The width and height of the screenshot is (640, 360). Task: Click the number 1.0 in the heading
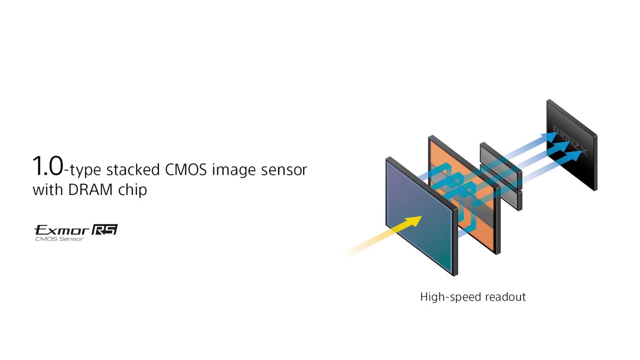coord(47,166)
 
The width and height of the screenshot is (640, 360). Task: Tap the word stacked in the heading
coord(133,169)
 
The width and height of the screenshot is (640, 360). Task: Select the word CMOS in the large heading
coord(186,169)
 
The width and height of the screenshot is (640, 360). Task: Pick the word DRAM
coord(90,189)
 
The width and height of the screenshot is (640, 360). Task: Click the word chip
coord(132,190)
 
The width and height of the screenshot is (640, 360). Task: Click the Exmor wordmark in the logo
coord(62,230)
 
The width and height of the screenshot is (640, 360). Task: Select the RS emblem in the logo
coord(105,229)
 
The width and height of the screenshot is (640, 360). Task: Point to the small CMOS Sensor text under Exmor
coord(59,239)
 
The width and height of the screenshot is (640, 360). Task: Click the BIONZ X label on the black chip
coord(570,141)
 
